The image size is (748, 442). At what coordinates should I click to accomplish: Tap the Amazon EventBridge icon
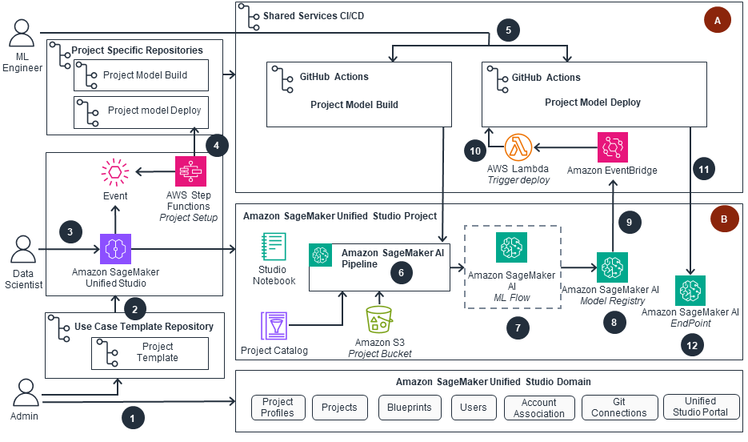pos(613,147)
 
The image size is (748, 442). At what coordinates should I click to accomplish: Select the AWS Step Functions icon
pos(190,171)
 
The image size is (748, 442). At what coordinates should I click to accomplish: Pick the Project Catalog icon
pos(274,327)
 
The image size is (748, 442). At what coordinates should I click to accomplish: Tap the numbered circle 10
pos(474,150)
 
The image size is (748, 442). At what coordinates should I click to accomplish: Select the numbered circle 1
pos(133,416)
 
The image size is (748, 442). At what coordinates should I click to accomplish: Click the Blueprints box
pos(409,407)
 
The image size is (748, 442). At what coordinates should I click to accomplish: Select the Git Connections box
pos(619,407)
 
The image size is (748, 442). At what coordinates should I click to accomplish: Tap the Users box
pos(474,407)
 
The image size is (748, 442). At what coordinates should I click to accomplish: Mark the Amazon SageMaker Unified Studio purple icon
pos(115,249)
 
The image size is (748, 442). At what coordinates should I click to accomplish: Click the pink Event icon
pos(115,174)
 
